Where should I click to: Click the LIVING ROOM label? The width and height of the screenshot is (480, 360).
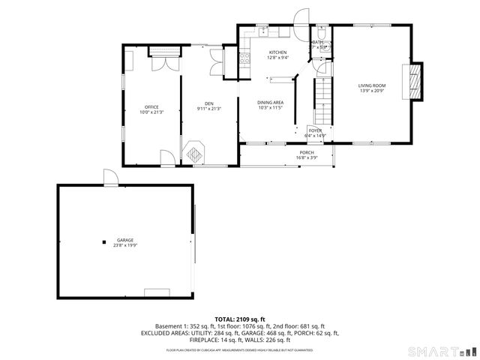(370, 88)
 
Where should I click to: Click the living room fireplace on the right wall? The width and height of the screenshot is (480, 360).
(414, 80)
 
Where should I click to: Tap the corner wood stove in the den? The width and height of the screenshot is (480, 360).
(195, 152)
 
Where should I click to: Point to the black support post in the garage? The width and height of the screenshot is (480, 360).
(104, 241)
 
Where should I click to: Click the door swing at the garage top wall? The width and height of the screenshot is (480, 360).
(111, 177)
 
